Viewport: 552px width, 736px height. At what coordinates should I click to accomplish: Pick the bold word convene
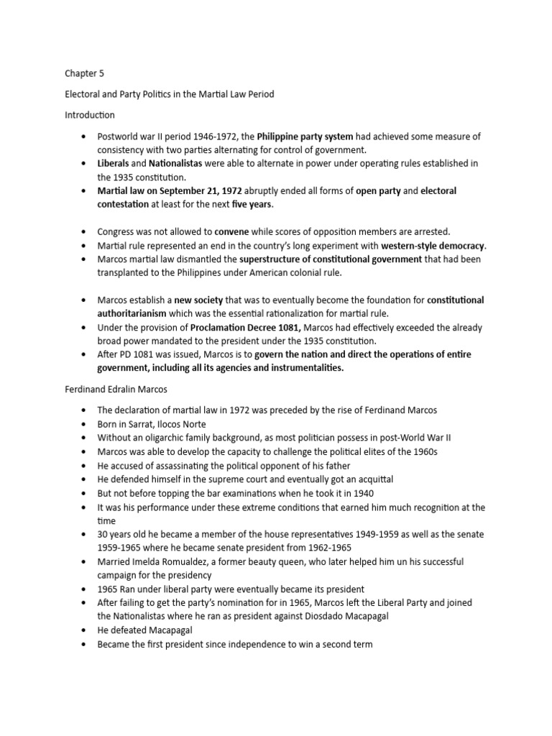click(x=234, y=231)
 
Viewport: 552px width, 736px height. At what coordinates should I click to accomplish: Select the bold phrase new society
click(x=199, y=300)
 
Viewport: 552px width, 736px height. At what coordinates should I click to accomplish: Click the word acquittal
click(x=374, y=479)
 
